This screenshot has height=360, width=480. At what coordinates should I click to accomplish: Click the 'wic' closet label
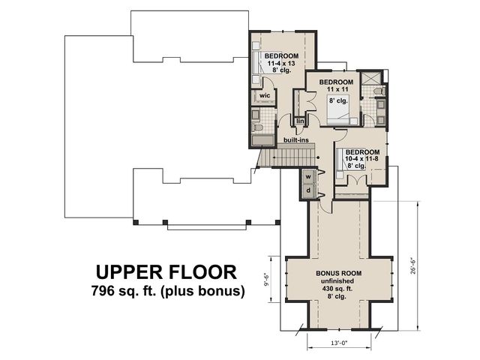click(265, 95)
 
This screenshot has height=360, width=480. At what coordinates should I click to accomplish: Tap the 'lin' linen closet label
click(300, 121)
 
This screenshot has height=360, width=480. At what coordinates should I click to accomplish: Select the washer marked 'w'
click(308, 177)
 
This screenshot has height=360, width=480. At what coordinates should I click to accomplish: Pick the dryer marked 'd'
click(308, 190)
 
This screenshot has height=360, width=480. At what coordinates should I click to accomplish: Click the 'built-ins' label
click(295, 140)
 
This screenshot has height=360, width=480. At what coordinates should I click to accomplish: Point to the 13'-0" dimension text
click(339, 343)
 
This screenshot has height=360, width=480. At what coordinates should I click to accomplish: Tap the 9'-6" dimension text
click(266, 280)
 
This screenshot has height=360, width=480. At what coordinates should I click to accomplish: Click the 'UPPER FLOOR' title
click(166, 271)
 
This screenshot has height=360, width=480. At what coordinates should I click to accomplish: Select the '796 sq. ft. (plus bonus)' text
click(168, 290)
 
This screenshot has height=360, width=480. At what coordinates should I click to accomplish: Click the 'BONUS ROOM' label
click(338, 273)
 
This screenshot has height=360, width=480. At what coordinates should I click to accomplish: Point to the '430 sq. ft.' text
click(337, 288)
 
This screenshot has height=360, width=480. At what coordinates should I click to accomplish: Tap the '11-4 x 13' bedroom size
click(281, 63)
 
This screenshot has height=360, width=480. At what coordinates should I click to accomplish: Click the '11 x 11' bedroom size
click(337, 89)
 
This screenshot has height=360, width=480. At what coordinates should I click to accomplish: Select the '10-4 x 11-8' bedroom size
click(361, 159)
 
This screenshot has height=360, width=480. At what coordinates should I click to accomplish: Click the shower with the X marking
click(371, 79)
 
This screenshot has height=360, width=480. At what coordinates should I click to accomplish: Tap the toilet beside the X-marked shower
click(379, 91)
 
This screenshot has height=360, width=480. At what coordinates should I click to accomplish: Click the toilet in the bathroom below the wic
click(257, 127)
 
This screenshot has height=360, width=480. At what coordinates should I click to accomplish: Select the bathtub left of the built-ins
click(263, 141)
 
